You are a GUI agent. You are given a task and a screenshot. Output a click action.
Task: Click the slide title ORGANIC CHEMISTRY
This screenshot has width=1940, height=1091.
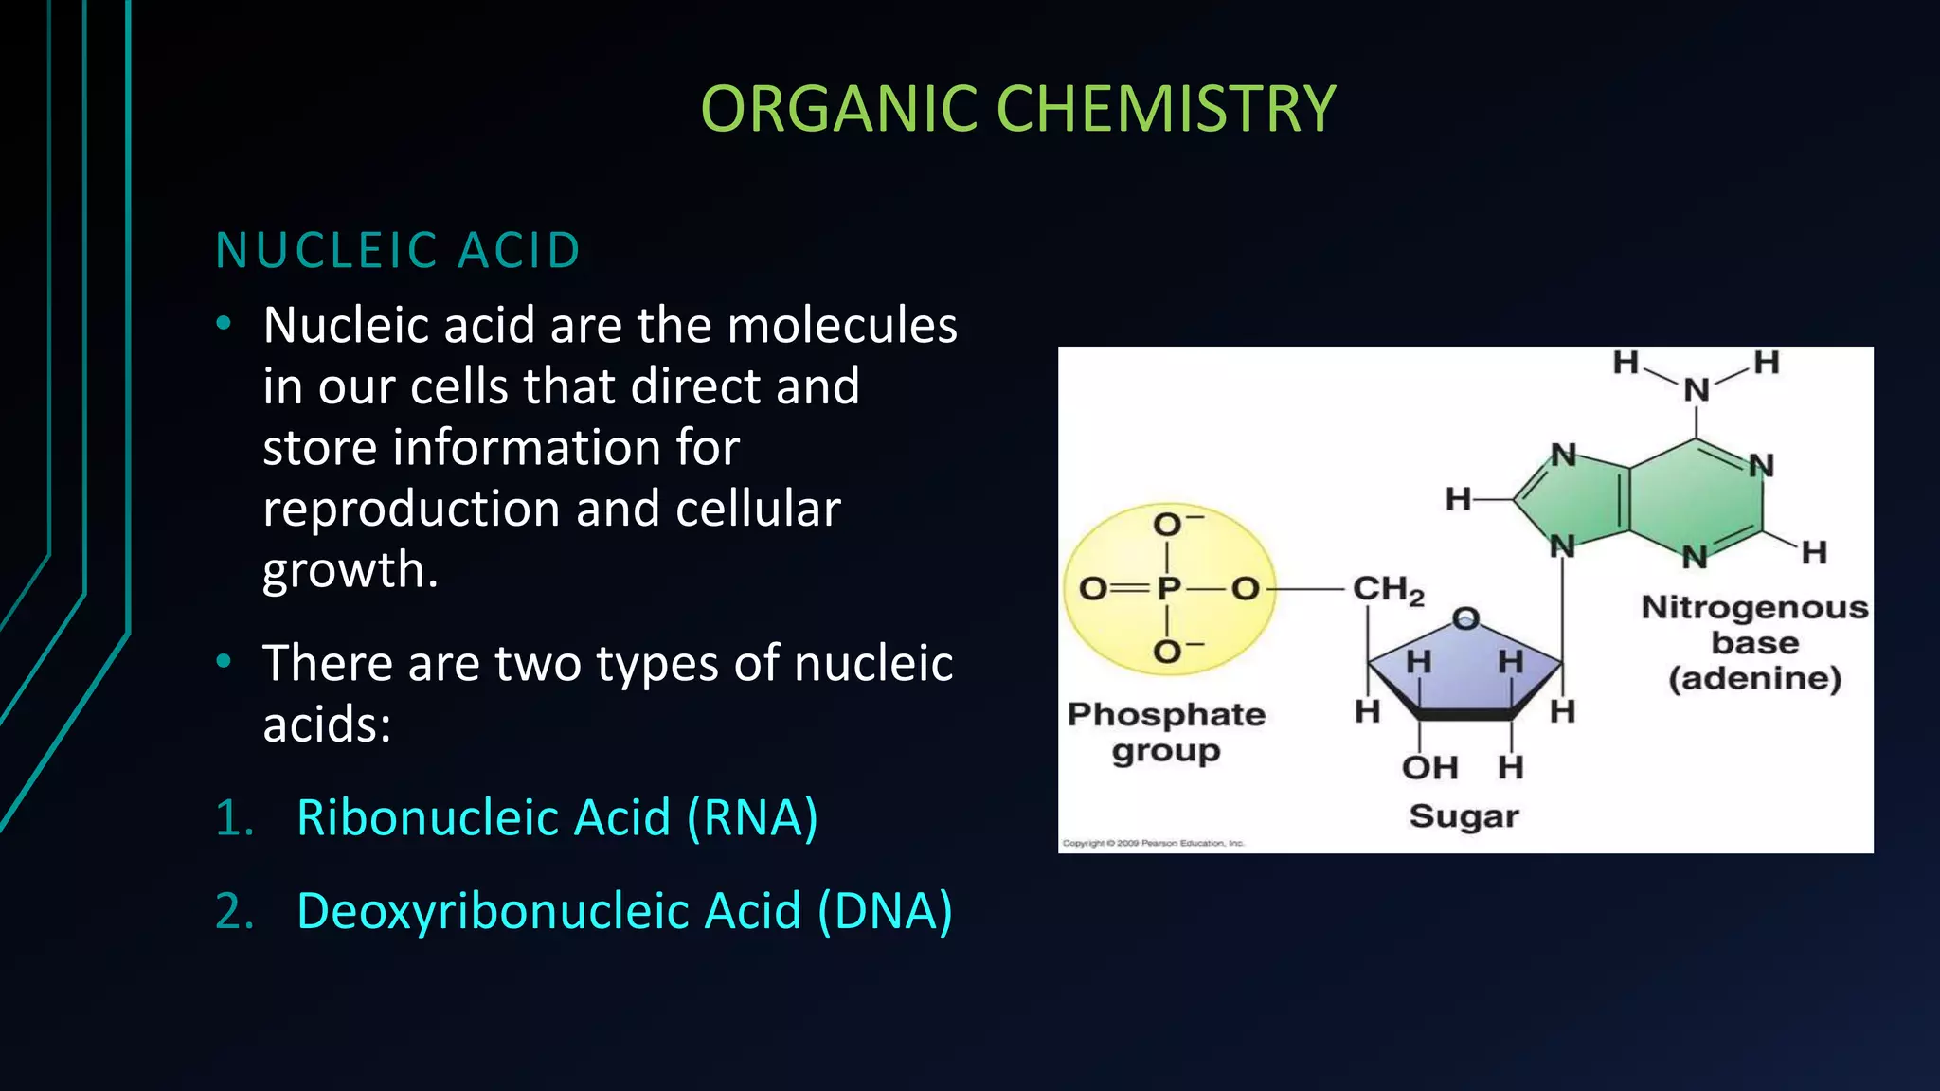pyautogui.click(x=1017, y=109)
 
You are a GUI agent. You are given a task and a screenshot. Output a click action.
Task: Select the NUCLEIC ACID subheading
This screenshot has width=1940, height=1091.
pyautogui.click(x=398, y=251)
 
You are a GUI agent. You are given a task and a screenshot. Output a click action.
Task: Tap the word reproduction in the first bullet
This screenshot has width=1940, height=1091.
pyautogui.click(x=412, y=510)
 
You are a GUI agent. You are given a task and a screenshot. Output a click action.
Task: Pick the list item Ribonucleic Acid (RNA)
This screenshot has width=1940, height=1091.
pyautogui.click(x=557, y=817)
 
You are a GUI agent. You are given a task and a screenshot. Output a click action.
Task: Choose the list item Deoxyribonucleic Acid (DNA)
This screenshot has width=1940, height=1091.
pyautogui.click(x=624, y=911)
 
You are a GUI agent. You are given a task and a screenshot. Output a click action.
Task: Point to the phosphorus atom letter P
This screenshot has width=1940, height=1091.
pyautogui.click(x=1168, y=589)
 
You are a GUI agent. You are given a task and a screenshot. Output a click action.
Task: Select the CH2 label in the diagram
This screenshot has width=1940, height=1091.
pyautogui.click(x=1387, y=590)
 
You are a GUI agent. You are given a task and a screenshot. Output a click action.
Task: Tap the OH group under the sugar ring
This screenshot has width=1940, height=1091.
pyautogui.click(x=1429, y=767)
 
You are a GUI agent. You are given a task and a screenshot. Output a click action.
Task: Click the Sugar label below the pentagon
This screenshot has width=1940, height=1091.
pyautogui.click(x=1464, y=816)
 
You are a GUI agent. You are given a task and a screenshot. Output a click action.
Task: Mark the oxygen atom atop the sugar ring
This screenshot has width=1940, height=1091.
pyautogui.click(x=1465, y=619)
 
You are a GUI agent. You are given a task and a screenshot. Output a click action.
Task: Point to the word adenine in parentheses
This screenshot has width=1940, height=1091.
pyautogui.click(x=1754, y=678)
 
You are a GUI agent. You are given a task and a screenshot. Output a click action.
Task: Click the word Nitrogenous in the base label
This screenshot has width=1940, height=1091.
pyautogui.click(x=1754, y=607)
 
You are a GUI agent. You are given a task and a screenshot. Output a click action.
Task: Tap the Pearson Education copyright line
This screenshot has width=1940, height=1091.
pyautogui.click(x=1153, y=843)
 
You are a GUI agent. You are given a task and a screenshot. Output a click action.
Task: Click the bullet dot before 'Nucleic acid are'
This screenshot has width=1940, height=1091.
pyautogui.click(x=224, y=324)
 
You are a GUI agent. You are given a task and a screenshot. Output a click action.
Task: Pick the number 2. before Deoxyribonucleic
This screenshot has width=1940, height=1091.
pyautogui.click(x=234, y=911)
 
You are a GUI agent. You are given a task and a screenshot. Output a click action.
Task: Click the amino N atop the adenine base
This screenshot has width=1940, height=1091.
pyautogui.click(x=1696, y=389)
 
